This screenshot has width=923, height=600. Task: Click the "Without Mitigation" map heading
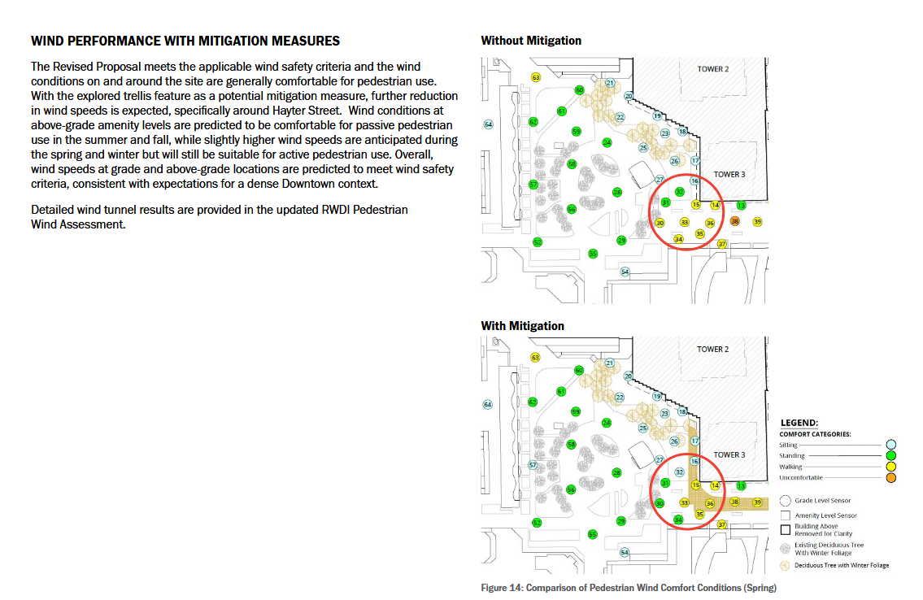pos(531,41)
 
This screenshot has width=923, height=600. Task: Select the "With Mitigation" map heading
pos(522,326)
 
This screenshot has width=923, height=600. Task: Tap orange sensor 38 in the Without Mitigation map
pos(735,221)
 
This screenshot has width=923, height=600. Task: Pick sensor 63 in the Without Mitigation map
pos(536,77)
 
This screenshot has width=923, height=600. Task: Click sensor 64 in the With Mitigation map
pos(488,404)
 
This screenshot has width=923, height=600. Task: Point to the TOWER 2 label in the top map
pos(713,69)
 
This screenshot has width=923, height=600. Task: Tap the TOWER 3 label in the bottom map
pos(729,454)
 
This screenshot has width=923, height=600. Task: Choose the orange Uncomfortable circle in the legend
pos(891,478)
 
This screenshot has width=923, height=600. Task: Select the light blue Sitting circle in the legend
pos(891,445)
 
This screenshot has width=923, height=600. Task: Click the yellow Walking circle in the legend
pos(891,467)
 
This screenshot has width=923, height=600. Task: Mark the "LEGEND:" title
pos(799,423)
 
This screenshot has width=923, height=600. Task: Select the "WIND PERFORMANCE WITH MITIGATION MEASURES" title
pos(185,41)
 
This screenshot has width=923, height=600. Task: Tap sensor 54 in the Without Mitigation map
pos(625,272)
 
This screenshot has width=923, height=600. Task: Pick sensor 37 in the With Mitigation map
pos(721,524)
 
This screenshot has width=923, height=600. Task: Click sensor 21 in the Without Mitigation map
pos(610,83)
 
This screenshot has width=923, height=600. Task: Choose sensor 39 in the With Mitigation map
pos(757,502)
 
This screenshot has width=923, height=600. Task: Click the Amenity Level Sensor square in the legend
pos(786,515)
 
